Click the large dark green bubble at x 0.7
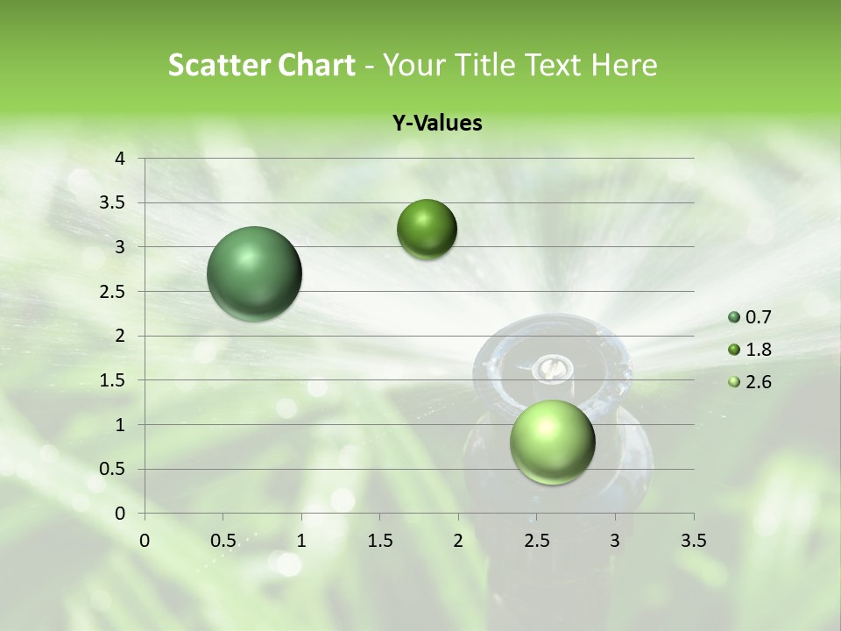(254, 273)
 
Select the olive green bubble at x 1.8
(427, 230)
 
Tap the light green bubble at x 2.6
(552, 442)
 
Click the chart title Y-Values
(436, 124)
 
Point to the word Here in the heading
(624, 65)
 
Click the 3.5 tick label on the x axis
(693, 540)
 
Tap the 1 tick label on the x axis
(301, 540)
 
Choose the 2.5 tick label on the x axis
(536, 540)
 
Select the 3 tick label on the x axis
(615, 540)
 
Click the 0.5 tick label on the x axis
(223, 540)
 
